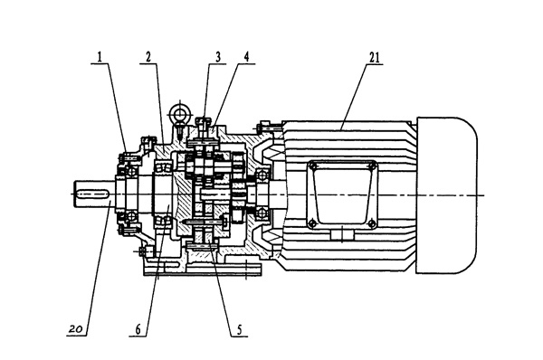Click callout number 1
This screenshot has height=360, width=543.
point(100,57)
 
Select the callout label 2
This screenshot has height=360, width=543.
point(148,57)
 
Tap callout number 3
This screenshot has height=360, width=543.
point(218,57)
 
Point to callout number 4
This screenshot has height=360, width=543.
point(246,57)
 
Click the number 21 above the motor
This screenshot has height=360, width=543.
point(374,58)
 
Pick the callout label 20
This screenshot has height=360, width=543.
point(76,328)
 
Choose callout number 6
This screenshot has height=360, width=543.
point(138,329)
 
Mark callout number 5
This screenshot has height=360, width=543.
point(239,329)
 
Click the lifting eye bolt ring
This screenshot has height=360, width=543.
point(180,113)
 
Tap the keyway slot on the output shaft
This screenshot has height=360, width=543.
point(92,194)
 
